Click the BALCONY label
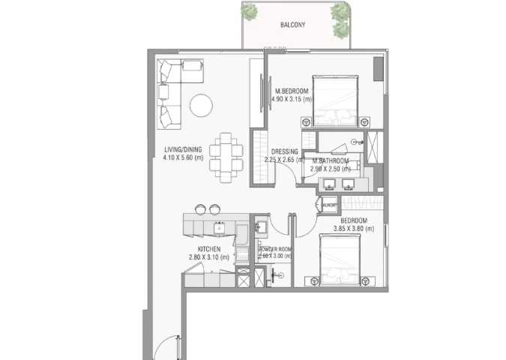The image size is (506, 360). coord(292,24)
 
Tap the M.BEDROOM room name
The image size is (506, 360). coord(292,91)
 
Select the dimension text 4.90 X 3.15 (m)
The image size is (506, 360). coord(292,100)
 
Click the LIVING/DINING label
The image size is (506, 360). coord(184,149)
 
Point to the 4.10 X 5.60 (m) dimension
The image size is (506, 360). coord(184,157)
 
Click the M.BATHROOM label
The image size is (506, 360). coord(331,160)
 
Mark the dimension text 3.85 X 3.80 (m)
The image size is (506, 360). coord(352,229)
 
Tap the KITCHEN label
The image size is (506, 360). coord(208,249)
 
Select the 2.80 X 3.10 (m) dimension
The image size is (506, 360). coord(208,257)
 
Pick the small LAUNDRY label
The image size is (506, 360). coord(329,204)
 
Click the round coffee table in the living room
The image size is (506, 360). coord(202,105)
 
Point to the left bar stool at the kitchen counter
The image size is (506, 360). coord(200,208)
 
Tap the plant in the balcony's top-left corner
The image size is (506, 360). coord(251,11)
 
